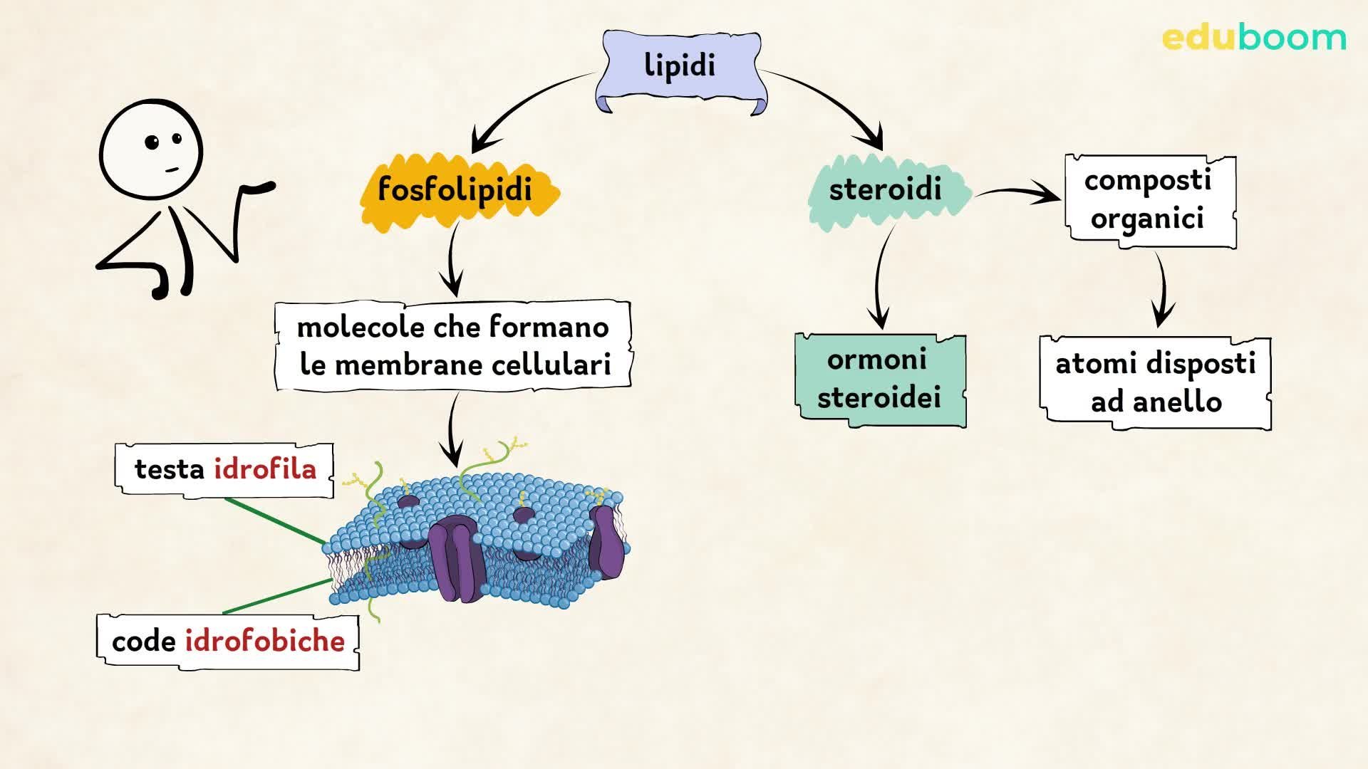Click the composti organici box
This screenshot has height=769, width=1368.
1149,201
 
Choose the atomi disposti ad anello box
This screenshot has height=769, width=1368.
1155,383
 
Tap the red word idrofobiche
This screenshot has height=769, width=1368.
265,642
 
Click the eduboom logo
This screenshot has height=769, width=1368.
1254,38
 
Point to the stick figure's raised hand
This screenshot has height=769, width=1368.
260,188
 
